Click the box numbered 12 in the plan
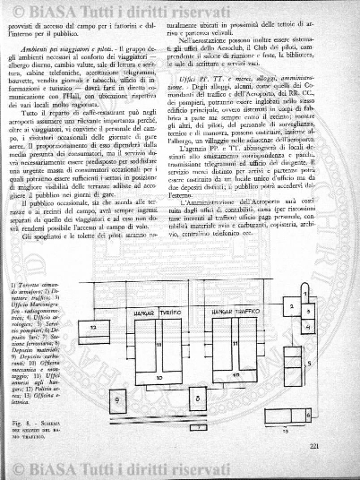pos(93,330)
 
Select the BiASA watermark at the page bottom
pos(179,466)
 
